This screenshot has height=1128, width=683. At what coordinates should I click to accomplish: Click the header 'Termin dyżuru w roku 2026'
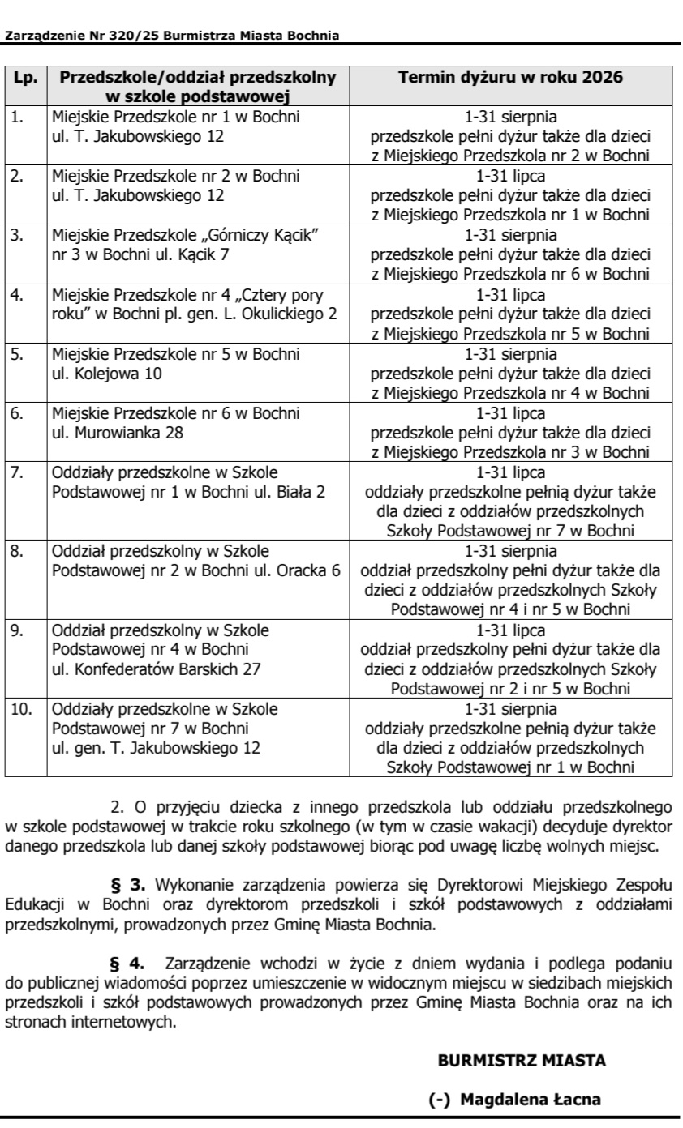click(x=510, y=79)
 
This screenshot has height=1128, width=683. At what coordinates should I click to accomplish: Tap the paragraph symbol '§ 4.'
click(x=128, y=964)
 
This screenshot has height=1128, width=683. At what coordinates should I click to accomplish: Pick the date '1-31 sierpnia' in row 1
click(x=510, y=117)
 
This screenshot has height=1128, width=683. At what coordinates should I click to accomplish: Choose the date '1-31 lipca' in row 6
click(x=510, y=413)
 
